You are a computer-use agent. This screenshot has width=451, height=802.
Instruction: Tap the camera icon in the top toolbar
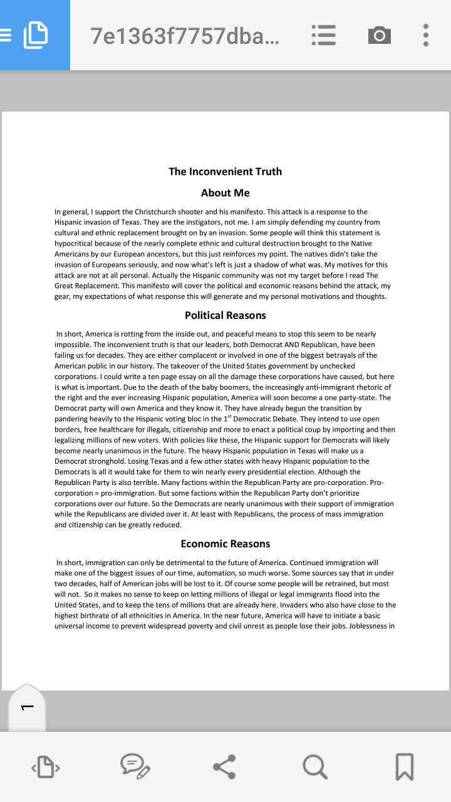tap(379, 35)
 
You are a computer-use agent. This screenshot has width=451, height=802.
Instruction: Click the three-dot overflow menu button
tap(425, 35)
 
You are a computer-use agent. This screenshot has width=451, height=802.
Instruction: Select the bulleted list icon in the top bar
tap(324, 35)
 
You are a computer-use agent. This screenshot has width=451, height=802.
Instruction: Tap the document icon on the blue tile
tap(35, 35)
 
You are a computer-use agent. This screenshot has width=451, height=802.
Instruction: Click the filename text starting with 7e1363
tap(185, 36)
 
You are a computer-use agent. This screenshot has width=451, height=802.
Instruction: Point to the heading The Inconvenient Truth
tap(225, 172)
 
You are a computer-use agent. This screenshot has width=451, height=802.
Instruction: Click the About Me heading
tap(225, 193)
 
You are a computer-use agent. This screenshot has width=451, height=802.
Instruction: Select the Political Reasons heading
tap(225, 315)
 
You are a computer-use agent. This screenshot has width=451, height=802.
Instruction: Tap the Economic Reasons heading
tap(225, 544)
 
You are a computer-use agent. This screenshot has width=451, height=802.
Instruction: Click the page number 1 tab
tap(27, 707)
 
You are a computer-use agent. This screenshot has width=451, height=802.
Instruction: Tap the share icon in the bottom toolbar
tap(224, 767)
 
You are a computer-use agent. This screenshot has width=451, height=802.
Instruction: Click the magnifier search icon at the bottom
tap(314, 767)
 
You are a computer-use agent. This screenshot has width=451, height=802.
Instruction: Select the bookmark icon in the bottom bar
tap(405, 767)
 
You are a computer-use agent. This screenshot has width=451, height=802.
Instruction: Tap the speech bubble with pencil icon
tap(135, 767)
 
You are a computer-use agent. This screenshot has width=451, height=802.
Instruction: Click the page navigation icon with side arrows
tap(46, 767)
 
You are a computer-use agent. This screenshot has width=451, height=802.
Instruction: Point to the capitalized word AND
tap(294, 345)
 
